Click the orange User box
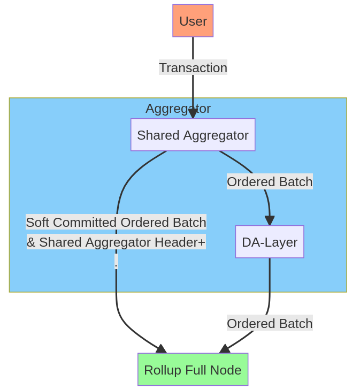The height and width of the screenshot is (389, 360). (x=193, y=21)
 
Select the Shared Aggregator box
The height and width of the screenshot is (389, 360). (x=193, y=135)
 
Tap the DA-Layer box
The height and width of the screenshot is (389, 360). (x=270, y=242)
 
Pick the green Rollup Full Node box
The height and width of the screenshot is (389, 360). (x=193, y=370)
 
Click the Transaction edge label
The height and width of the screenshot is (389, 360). (x=193, y=68)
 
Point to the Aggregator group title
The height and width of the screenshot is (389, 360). (x=178, y=109)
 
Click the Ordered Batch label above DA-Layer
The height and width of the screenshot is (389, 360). (x=270, y=182)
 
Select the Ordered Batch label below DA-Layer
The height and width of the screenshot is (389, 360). (x=270, y=323)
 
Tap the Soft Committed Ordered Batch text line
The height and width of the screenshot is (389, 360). (x=116, y=222)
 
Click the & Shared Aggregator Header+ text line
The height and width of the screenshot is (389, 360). (x=116, y=242)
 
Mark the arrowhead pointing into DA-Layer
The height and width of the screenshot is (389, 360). (x=270, y=220)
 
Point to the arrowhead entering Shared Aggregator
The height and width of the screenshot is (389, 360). (x=193, y=114)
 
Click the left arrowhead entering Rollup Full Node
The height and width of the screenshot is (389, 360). (x=161, y=349)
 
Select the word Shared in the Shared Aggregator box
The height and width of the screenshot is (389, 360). (x=158, y=135)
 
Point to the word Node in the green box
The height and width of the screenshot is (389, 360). (x=228, y=370)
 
